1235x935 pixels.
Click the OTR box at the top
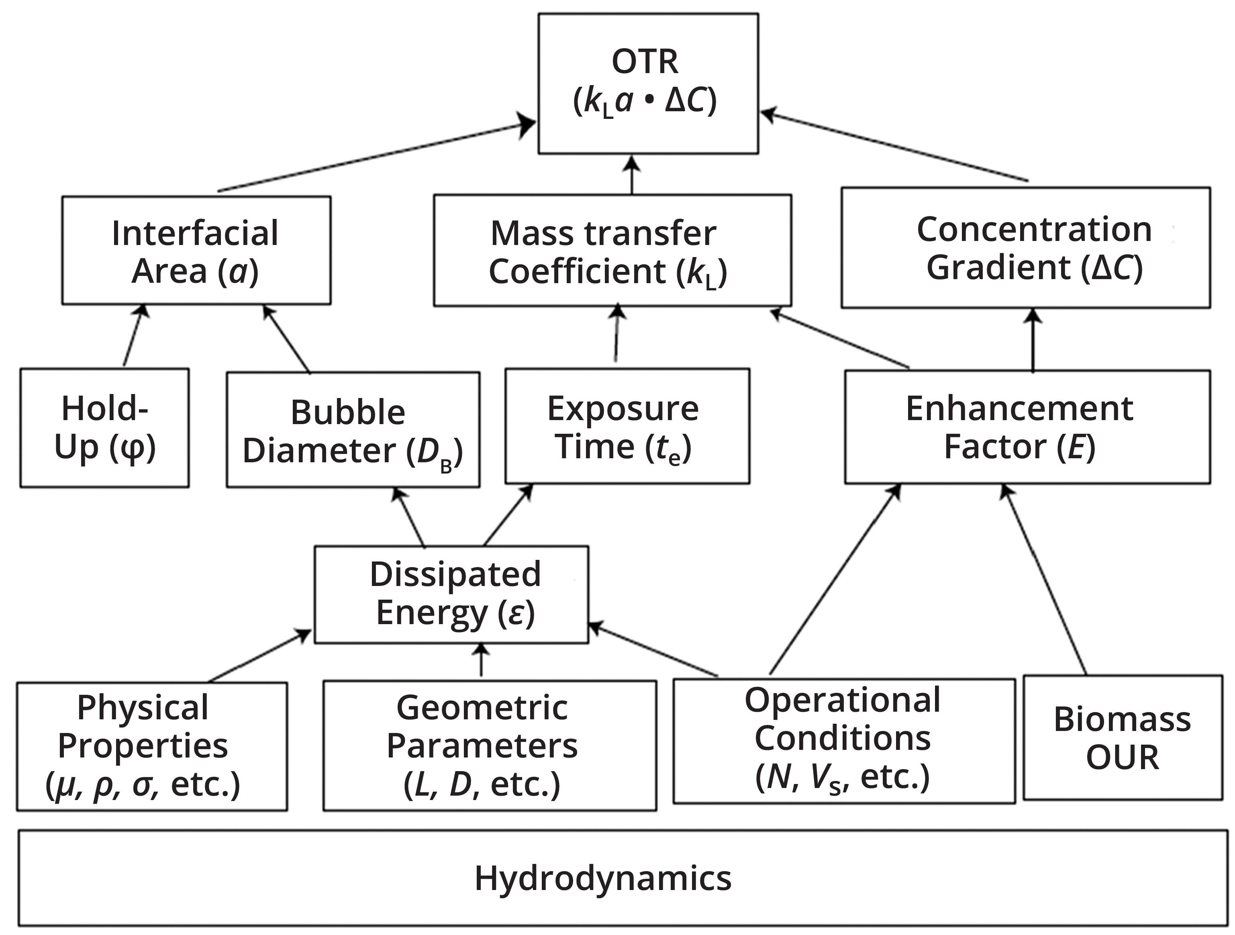pos(648,84)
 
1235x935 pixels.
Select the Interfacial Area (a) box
pos(196,251)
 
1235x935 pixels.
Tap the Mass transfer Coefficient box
pos(612,251)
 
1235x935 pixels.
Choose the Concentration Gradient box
pos(1026,248)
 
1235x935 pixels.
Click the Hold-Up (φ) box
pos(104,428)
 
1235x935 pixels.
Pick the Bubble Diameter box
pos(353,430)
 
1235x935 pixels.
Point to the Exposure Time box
pos(627,426)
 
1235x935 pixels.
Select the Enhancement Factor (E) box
pos(1027,427)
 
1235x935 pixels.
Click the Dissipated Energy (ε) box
pos(451,594)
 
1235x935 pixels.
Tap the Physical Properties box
pos(152,746)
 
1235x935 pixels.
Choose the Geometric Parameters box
pos(490,746)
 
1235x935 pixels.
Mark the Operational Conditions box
pos(844,741)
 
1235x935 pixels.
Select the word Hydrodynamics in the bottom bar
pos(603,879)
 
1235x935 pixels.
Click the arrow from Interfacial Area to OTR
pos(374,157)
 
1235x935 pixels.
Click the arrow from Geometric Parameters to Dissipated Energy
pos(481,661)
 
